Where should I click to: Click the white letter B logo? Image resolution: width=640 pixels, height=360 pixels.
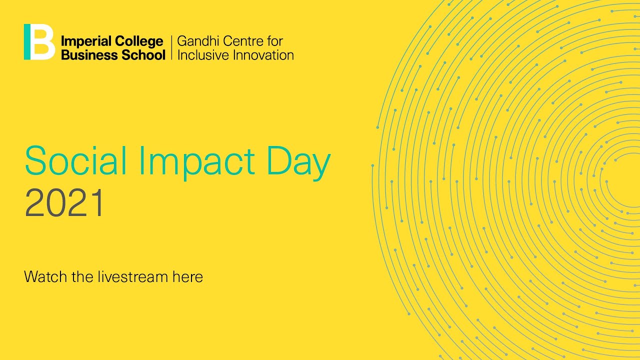(43, 42)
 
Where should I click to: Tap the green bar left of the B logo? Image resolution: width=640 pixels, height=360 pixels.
(27, 42)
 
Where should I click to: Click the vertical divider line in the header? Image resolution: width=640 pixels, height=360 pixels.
(171, 47)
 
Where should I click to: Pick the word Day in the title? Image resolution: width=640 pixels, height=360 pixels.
(298, 161)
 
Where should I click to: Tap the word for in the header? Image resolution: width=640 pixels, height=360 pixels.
(274, 41)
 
